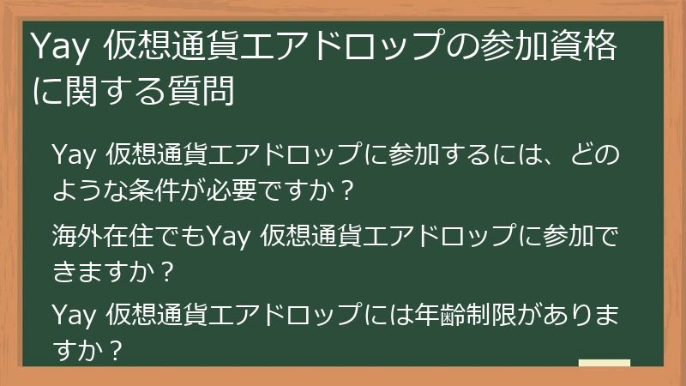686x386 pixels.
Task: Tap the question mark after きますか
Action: click(168, 273)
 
